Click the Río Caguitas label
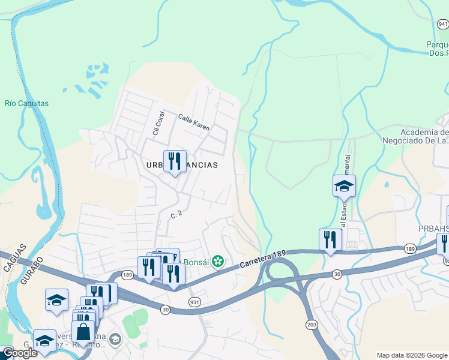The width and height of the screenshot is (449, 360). (26, 103)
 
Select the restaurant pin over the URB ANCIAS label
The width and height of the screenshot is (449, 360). (175, 161)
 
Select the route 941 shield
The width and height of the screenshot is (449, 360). (443, 24)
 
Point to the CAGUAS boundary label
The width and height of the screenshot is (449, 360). (14, 256)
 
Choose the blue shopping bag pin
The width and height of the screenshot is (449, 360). (83, 331)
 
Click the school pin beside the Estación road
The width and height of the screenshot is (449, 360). (344, 186)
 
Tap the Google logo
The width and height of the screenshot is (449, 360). (19, 353)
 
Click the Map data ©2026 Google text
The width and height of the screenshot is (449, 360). (411, 355)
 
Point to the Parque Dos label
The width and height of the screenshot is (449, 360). (437, 49)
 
